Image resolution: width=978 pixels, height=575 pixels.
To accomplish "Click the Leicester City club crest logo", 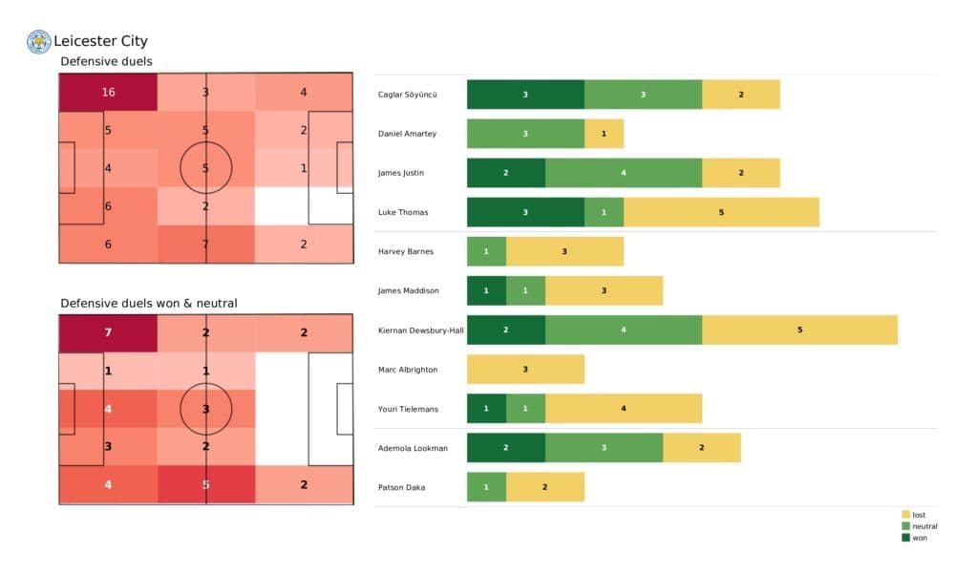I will point(38,41).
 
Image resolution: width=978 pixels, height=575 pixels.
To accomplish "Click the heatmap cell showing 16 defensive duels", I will point(107,93).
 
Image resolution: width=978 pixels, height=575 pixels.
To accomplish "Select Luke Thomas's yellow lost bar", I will point(721,212).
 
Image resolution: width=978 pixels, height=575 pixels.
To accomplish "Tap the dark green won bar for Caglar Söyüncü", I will point(525,95).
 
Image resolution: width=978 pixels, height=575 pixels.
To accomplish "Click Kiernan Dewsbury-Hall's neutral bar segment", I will point(623,330).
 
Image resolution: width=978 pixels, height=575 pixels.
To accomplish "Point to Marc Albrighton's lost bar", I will point(525,369).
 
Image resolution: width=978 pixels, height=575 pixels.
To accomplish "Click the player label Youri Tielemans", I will point(408,409).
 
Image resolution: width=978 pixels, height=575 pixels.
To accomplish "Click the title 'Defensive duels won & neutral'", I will point(149,303).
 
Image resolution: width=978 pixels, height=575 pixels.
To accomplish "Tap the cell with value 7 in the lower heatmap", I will point(107,332).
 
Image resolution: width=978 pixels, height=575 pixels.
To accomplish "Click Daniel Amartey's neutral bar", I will point(525,134).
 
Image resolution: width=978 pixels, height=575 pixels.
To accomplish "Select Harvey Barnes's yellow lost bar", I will point(564,251).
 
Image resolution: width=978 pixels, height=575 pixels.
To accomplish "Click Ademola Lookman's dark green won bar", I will point(505,448).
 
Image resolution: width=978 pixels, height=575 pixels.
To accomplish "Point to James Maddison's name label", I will point(408,290).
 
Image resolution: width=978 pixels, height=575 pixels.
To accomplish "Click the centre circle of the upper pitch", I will point(205,168).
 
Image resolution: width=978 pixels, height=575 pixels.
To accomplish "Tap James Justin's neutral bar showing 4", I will point(623,173).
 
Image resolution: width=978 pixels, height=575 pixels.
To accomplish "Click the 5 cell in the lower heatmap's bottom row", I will point(205,484).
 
